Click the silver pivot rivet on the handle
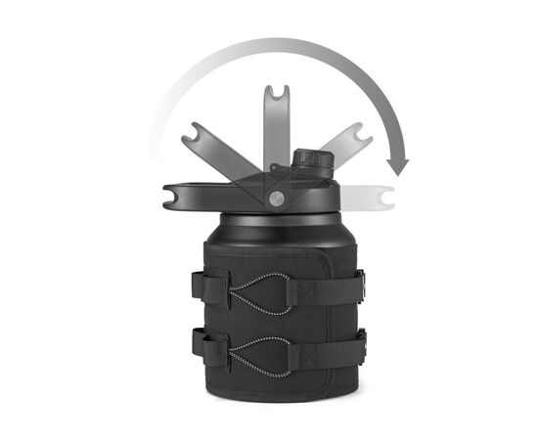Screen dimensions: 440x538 276,198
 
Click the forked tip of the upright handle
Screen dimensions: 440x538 276,96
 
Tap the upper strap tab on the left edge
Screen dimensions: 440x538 200,286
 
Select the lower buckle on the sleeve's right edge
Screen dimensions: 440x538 361,343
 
